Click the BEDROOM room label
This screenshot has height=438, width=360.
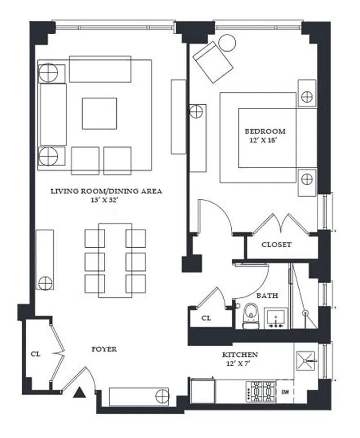[265, 131]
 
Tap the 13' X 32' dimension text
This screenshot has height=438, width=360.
[105, 200]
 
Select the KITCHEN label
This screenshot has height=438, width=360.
[240, 355]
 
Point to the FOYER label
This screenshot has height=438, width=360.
[104, 349]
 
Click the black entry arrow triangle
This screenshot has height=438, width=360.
[79, 392]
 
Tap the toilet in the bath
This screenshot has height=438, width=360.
[251, 316]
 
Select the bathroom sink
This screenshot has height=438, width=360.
[275, 318]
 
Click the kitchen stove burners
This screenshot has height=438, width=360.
[261, 391]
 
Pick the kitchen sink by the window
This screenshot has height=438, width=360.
[305, 361]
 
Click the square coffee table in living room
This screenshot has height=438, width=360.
[99, 113]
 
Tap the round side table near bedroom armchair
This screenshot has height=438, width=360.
[227, 43]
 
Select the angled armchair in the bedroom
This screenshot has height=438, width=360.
[213, 62]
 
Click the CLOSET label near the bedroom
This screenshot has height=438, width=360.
[276, 245]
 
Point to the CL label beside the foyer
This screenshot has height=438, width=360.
[36, 354]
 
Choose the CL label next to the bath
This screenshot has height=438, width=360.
[206, 318]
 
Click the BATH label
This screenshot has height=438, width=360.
[267, 295]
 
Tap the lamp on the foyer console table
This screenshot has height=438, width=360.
[162, 396]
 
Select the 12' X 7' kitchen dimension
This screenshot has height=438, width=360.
[238, 364]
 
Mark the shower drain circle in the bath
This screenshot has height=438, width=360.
[306, 313]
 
